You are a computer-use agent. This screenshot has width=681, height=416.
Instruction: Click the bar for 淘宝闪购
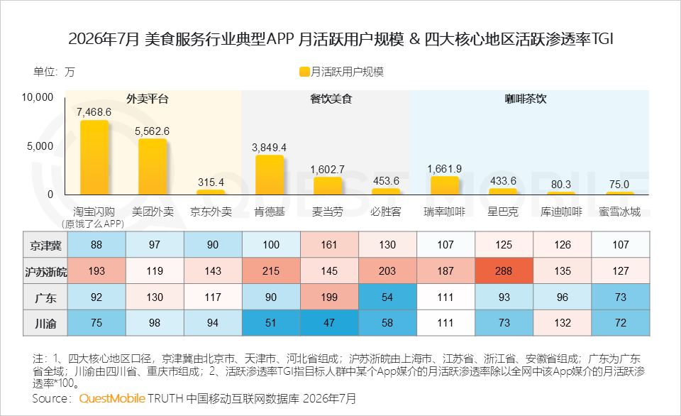pyautogui.click(x=94, y=158)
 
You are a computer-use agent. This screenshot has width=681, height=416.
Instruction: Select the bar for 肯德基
pyautogui.click(x=270, y=175)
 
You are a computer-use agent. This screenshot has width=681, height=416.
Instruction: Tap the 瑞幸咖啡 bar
pyautogui.click(x=445, y=185)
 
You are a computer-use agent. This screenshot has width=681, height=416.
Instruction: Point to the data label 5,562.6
pyautogui.click(x=152, y=131)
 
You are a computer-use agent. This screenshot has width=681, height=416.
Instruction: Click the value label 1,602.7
pyautogui.click(x=328, y=170)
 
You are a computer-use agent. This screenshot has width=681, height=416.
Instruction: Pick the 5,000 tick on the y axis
pyautogui.click(x=40, y=146)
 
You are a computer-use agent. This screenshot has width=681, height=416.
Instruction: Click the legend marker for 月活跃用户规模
pyautogui.click(x=304, y=72)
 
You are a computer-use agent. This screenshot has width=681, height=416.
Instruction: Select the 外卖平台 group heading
pyautogui.click(x=148, y=99)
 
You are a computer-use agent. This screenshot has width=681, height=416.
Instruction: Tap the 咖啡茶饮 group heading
pyautogui.click(x=526, y=99)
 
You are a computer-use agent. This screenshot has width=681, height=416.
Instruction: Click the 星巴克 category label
pyautogui.click(x=503, y=212)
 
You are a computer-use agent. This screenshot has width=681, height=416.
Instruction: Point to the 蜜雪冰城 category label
pyautogui.click(x=620, y=212)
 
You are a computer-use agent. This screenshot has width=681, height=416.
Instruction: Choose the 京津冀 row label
pyautogui.click(x=45, y=246)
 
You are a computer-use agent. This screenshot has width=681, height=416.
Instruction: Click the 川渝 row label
pyautogui.click(x=45, y=324)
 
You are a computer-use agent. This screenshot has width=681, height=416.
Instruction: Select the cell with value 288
pyautogui.click(x=504, y=270)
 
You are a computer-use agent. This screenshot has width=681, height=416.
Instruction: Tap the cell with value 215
pyautogui.click(x=271, y=270)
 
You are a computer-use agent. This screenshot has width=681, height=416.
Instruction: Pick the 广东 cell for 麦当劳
pyautogui.click(x=329, y=297)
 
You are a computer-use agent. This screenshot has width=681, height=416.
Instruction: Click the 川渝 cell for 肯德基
pyautogui.click(x=271, y=323)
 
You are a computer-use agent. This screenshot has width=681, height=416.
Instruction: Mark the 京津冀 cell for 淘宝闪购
pyautogui.click(x=96, y=245)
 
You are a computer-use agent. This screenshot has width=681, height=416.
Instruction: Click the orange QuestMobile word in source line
pyautogui.click(x=112, y=398)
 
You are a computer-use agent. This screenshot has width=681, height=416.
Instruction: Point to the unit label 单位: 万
pyautogui.click(x=55, y=72)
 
